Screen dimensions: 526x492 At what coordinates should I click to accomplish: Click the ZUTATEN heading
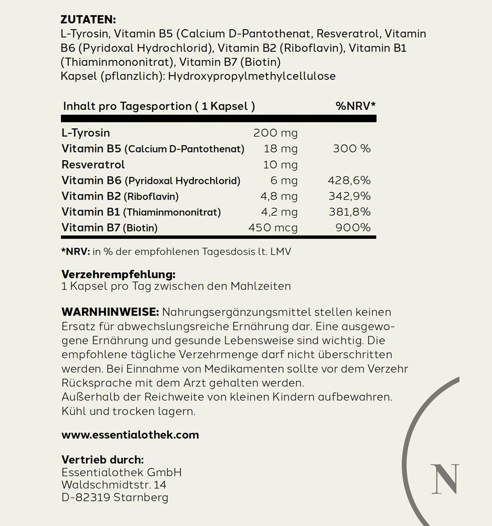coord(88,20)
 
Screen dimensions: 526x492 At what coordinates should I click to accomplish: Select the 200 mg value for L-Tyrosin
coord(275,133)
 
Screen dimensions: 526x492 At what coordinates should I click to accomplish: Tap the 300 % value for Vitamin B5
coord(352,148)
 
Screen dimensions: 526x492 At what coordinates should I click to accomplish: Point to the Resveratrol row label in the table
coord(93,165)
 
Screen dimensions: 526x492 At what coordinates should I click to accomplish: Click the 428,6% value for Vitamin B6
coord(349,180)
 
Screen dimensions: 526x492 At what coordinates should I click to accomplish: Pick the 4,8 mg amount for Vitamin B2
coord(278,196)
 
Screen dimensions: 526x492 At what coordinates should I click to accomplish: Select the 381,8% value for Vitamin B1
coord(349,212)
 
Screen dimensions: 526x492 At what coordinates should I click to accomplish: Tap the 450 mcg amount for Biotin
coord(273,228)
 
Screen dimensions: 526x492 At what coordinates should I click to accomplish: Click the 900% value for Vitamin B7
coord(352,228)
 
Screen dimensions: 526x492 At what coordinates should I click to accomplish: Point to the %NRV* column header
coord(356,106)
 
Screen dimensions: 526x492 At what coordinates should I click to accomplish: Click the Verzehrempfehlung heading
coord(118,274)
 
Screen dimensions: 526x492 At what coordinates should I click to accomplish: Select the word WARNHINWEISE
coord(109,312)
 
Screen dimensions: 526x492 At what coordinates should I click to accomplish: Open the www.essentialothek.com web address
coord(130,435)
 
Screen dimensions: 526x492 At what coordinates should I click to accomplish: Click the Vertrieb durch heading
coord(102,460)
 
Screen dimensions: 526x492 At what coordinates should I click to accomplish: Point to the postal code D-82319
coord(86,497)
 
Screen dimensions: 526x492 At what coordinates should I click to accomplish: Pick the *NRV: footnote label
coord(75,252)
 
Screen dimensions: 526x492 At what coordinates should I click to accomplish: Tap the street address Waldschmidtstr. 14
coord(114,485)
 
